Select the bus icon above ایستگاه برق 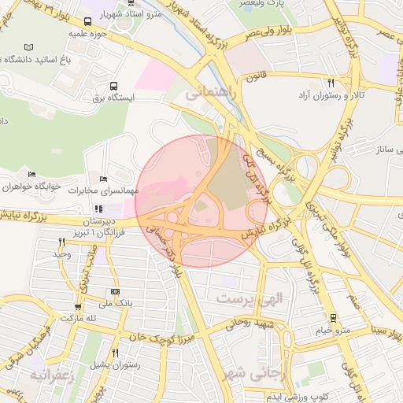click(x=114, y=87)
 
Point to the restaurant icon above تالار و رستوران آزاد click(x=331, y=83)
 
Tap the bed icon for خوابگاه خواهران click(x=31, y=175)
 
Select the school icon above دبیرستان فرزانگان click(x=99, y=209)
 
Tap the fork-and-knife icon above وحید click(x=62, y=242)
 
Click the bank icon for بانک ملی click(x=116, y=290)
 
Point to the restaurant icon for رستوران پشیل click(x=116, y=353)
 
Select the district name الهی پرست click(x=245, y=300)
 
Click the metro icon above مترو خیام click(x=333, y=318)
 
